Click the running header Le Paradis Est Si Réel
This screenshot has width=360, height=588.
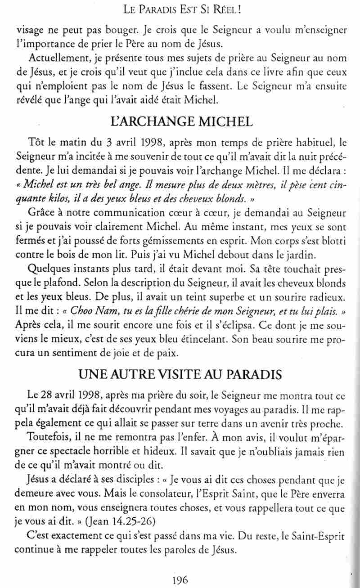(180, 8)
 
